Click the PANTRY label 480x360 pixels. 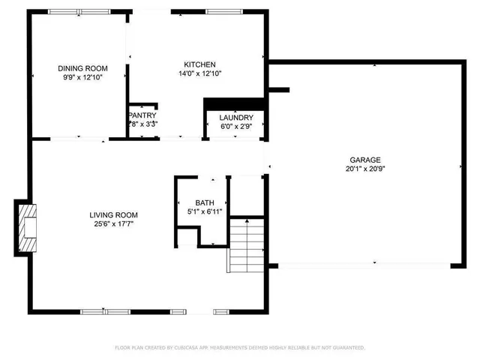click(x=142, y=115)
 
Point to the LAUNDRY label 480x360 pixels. click(x=235, y=118)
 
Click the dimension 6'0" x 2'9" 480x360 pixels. click(x=235, y=127)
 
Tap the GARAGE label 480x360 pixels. click(x=365, y=160)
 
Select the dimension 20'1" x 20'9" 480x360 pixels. click(x=365, y=169)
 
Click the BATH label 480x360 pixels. click(x=204, y=203)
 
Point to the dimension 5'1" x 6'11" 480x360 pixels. click(x=204, y=212)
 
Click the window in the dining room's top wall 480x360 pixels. click(x=70, y=11)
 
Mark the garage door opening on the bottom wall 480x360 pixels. click(x=364, y=264)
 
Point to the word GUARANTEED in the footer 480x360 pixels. click(x=348, y=348)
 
